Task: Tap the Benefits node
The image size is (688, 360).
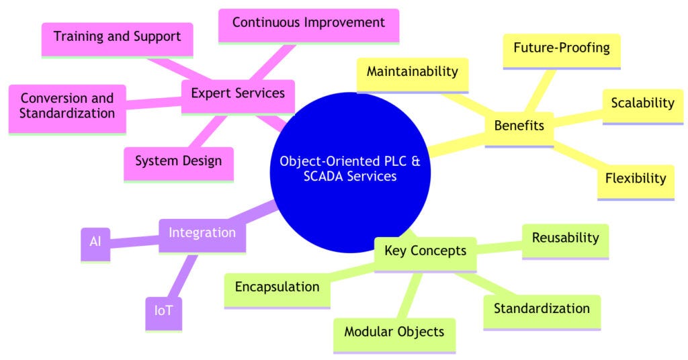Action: pos(519,126)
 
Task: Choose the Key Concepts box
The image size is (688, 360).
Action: pos(425,251)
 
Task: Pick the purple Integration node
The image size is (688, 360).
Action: pos(202,233)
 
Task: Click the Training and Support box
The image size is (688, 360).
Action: pos(117,36)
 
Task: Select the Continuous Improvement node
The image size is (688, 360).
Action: pos(308,23)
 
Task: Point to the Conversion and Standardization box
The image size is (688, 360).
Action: pos(67,105)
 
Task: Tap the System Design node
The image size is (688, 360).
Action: pos(178,161)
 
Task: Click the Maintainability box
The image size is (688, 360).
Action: pos(412,72)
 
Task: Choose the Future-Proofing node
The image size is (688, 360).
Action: pos(561,48)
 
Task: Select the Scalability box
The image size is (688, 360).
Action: pos(642,103)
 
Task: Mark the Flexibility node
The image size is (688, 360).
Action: pos(635,179)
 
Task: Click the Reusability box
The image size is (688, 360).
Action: pos(565,238)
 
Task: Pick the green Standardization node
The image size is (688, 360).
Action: pos(541,309)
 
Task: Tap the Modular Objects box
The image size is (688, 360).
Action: pos(394,332)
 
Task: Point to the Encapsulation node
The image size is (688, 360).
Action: pos(277,287)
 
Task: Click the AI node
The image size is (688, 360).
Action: pos(95,240)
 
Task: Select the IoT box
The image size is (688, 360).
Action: pos(163,312)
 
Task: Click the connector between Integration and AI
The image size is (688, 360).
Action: pos(134,238)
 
